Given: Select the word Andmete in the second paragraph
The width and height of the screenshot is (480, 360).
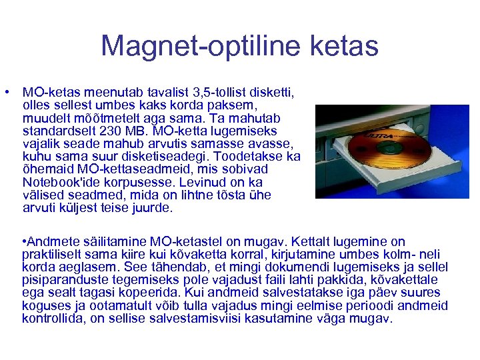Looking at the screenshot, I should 49,242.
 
